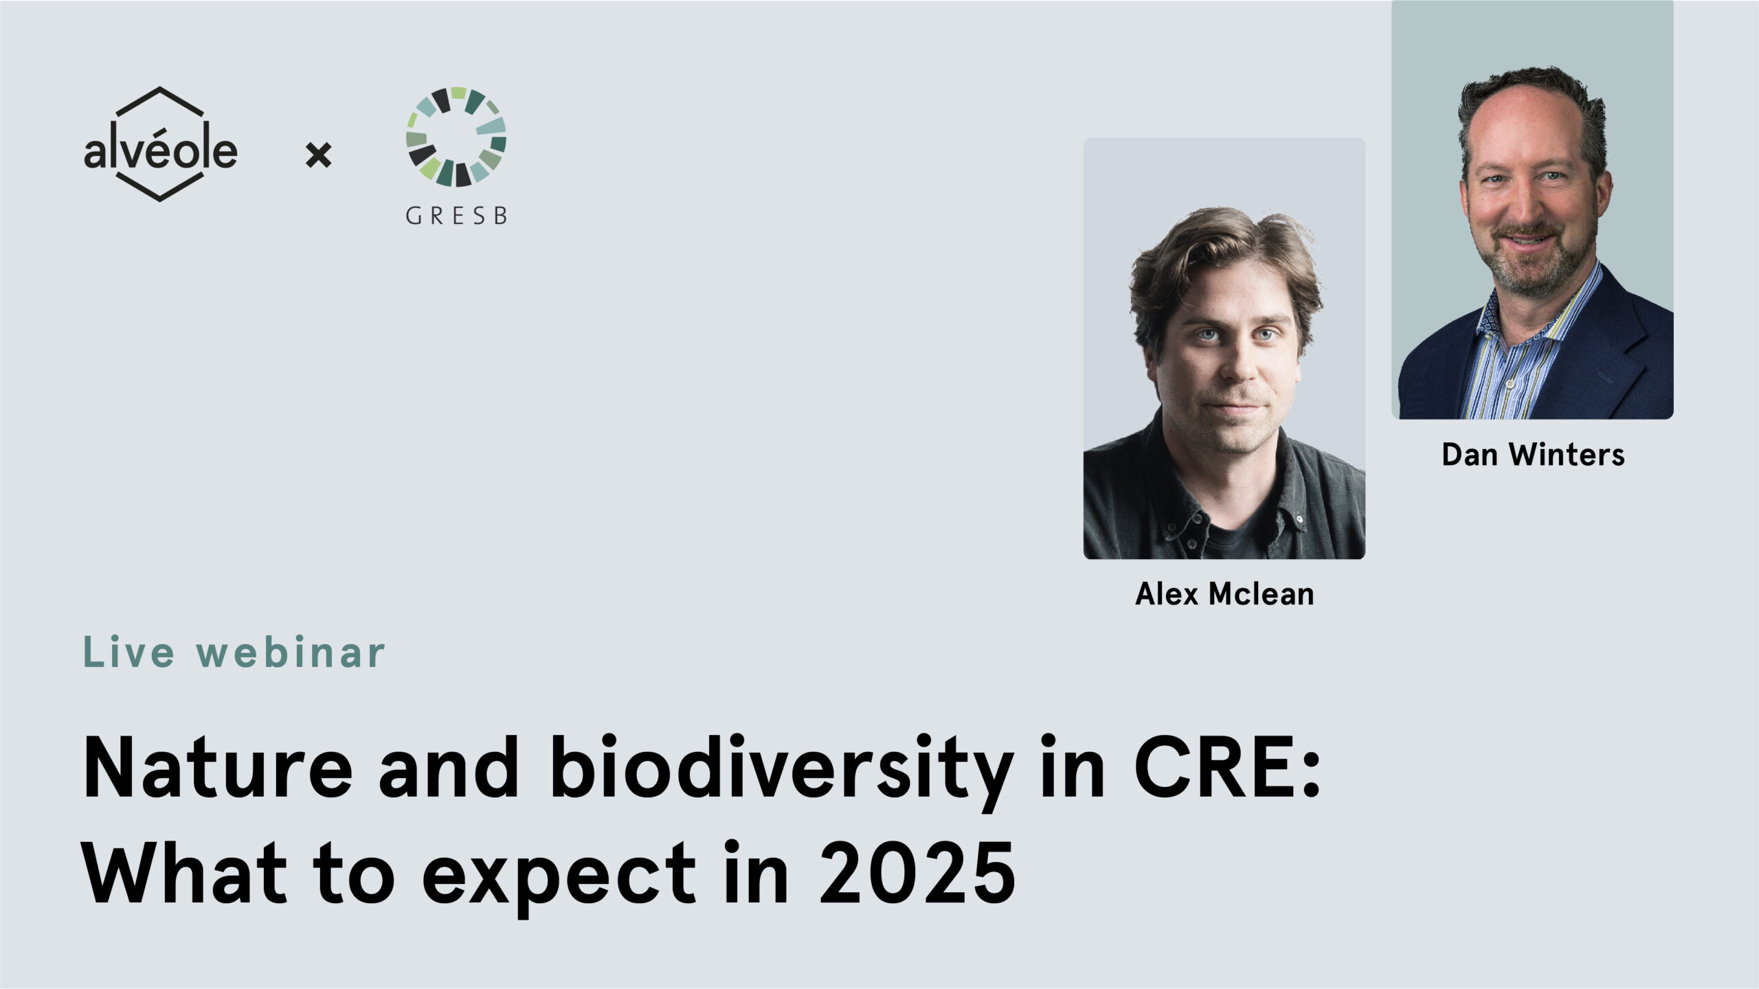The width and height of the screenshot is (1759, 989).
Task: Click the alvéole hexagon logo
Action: point(160,144)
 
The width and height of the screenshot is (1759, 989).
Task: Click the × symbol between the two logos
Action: point(318,155)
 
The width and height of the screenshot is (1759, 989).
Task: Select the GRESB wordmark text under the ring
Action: point(456,216)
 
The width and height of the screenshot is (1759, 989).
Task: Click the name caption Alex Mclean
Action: point(1224,594)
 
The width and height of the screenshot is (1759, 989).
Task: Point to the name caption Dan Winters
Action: point(1533,455)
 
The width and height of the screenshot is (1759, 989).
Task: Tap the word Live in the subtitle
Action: point(129,652)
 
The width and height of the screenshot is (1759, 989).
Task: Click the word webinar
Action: point(291,652)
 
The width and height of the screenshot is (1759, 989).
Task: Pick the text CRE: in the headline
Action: point(1227,768)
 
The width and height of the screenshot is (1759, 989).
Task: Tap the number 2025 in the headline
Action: point(918,873)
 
